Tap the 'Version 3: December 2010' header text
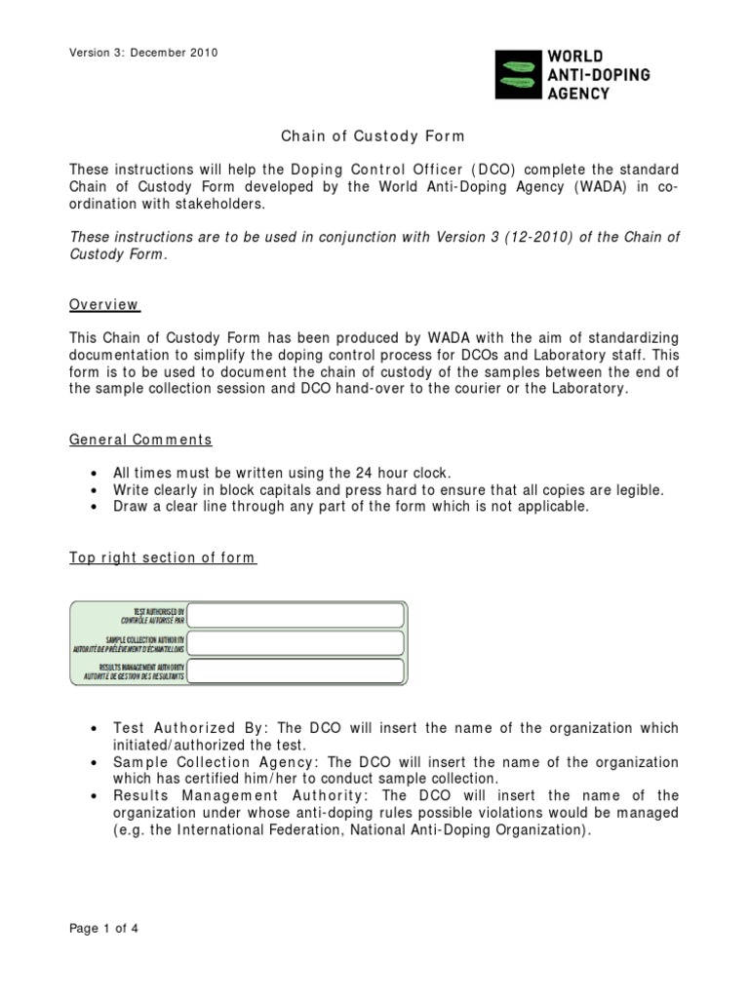click(142, 53)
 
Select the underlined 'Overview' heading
click(103, 305)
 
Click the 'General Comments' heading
click(139, 440)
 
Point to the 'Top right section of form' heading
click(162, 557)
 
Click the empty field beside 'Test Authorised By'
click(296, 615)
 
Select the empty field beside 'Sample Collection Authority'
click(296, 643)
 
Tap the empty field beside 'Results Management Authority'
click(296, 672)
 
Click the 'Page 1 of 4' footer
click(103, 929)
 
